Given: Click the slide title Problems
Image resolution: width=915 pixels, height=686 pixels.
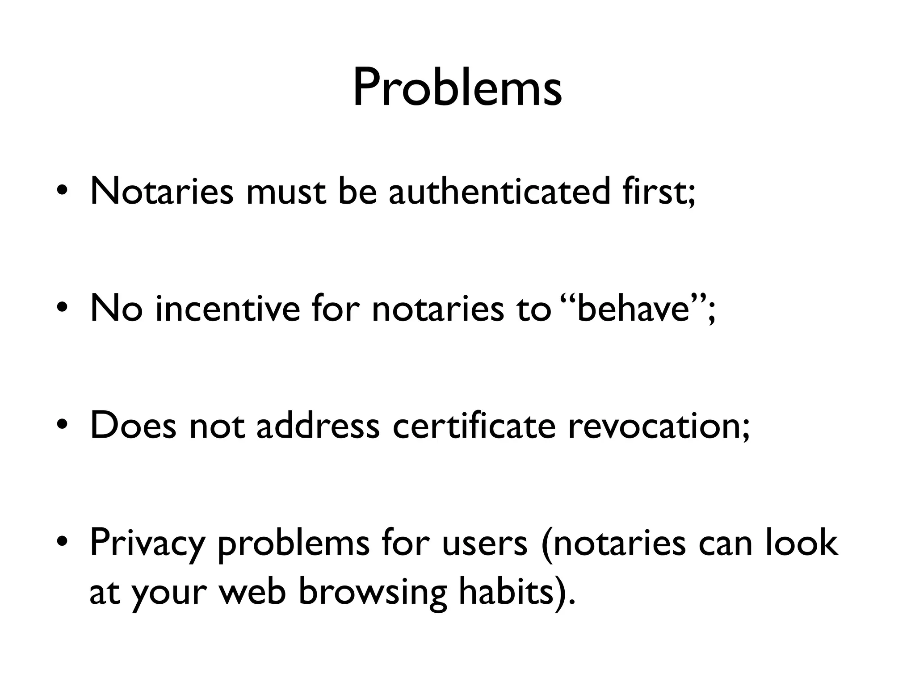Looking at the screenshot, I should [457, 88].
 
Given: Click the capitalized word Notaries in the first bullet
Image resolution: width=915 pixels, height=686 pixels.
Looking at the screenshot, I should [161, 191].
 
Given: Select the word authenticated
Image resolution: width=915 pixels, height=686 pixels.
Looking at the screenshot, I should [499, 191].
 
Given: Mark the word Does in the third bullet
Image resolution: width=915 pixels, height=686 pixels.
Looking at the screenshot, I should [133, 425].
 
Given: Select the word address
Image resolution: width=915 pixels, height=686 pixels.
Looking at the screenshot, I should [318, 425].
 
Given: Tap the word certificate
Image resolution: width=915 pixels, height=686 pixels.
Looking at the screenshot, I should [474, 425].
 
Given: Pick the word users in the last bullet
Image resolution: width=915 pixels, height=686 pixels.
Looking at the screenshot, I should [485, 543].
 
